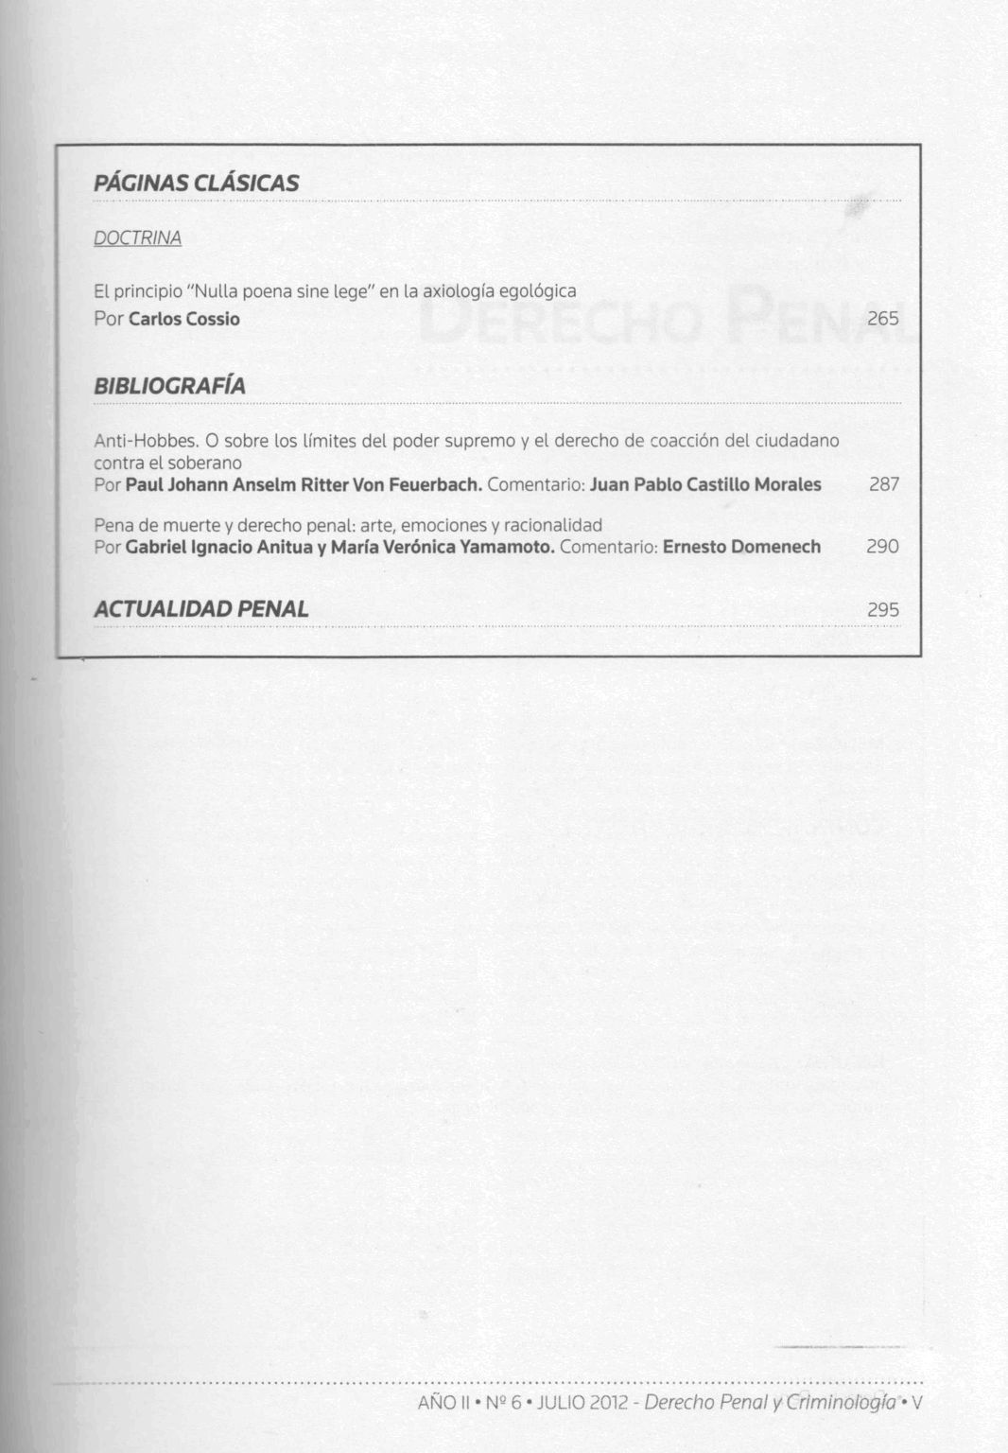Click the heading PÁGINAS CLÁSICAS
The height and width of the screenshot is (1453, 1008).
click(x=196, y=184)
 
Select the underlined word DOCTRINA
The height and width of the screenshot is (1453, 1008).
click(x=137, y=238)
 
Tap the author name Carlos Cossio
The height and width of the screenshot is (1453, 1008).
click(x=184, y=319)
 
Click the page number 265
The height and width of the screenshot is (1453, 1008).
click(x=882, y=319)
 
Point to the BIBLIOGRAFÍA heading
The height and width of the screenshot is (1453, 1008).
click(x=169, y=386)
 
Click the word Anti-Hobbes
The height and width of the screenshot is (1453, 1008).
click(x=146, y=441)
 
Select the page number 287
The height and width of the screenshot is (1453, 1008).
click(x=883, y=485)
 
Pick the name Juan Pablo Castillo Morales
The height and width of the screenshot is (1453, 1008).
click(x=705, y=485)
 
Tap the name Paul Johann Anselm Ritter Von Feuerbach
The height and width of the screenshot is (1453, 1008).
click(x=304, y=485)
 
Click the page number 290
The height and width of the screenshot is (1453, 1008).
click(x=882, y=547)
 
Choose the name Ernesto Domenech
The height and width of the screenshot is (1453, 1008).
click(x=741, y=547)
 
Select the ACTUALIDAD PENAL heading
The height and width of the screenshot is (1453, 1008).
click(x=200, y=609)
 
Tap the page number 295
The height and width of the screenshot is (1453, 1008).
click(x=882, y=610)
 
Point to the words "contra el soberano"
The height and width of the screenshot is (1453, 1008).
click(x=167, y=464)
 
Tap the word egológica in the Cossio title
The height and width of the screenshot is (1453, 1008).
click(x=537, y=291)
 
